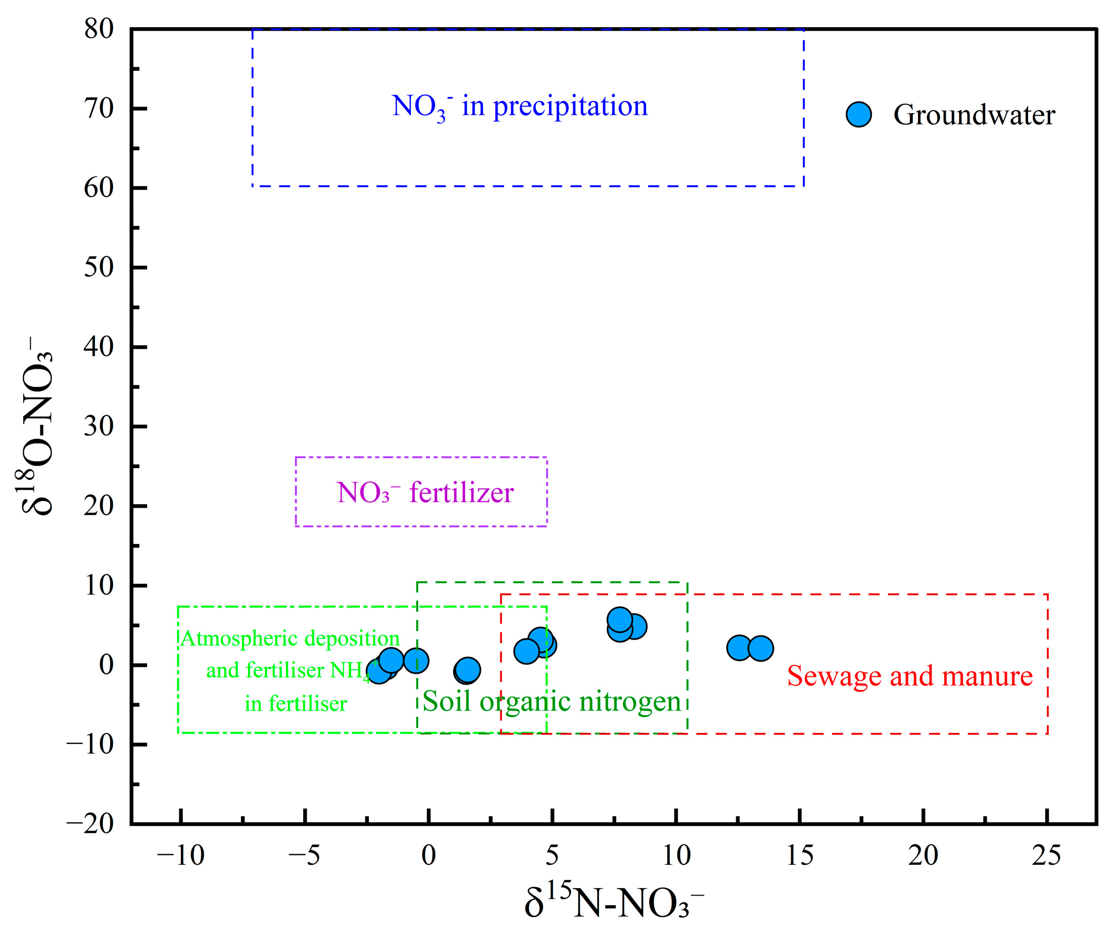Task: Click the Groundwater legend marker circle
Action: (858, 114)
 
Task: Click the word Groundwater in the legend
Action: (974, 115)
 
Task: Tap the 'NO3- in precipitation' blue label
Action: (520, 107)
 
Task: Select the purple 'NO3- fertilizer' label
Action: (425, 493)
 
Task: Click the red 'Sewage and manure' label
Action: (909, 676)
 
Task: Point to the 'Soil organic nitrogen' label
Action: (552, 701)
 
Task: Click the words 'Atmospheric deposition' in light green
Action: (290, 638)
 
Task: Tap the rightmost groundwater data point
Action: (761, 648)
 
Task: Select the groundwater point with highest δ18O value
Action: (620, 620)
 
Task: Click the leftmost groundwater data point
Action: (378, 671)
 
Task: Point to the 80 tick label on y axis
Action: (99, 29)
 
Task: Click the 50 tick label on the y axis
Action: (99, 267)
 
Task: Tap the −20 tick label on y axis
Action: (90, 824)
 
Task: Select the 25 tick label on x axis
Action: (1046, 856)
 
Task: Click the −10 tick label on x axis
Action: (181, 856)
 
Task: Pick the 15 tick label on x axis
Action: (799, 856)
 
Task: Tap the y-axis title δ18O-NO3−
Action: (37, 425)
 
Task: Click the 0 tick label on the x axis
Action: (429, 856)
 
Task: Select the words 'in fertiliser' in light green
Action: (296, 704)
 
